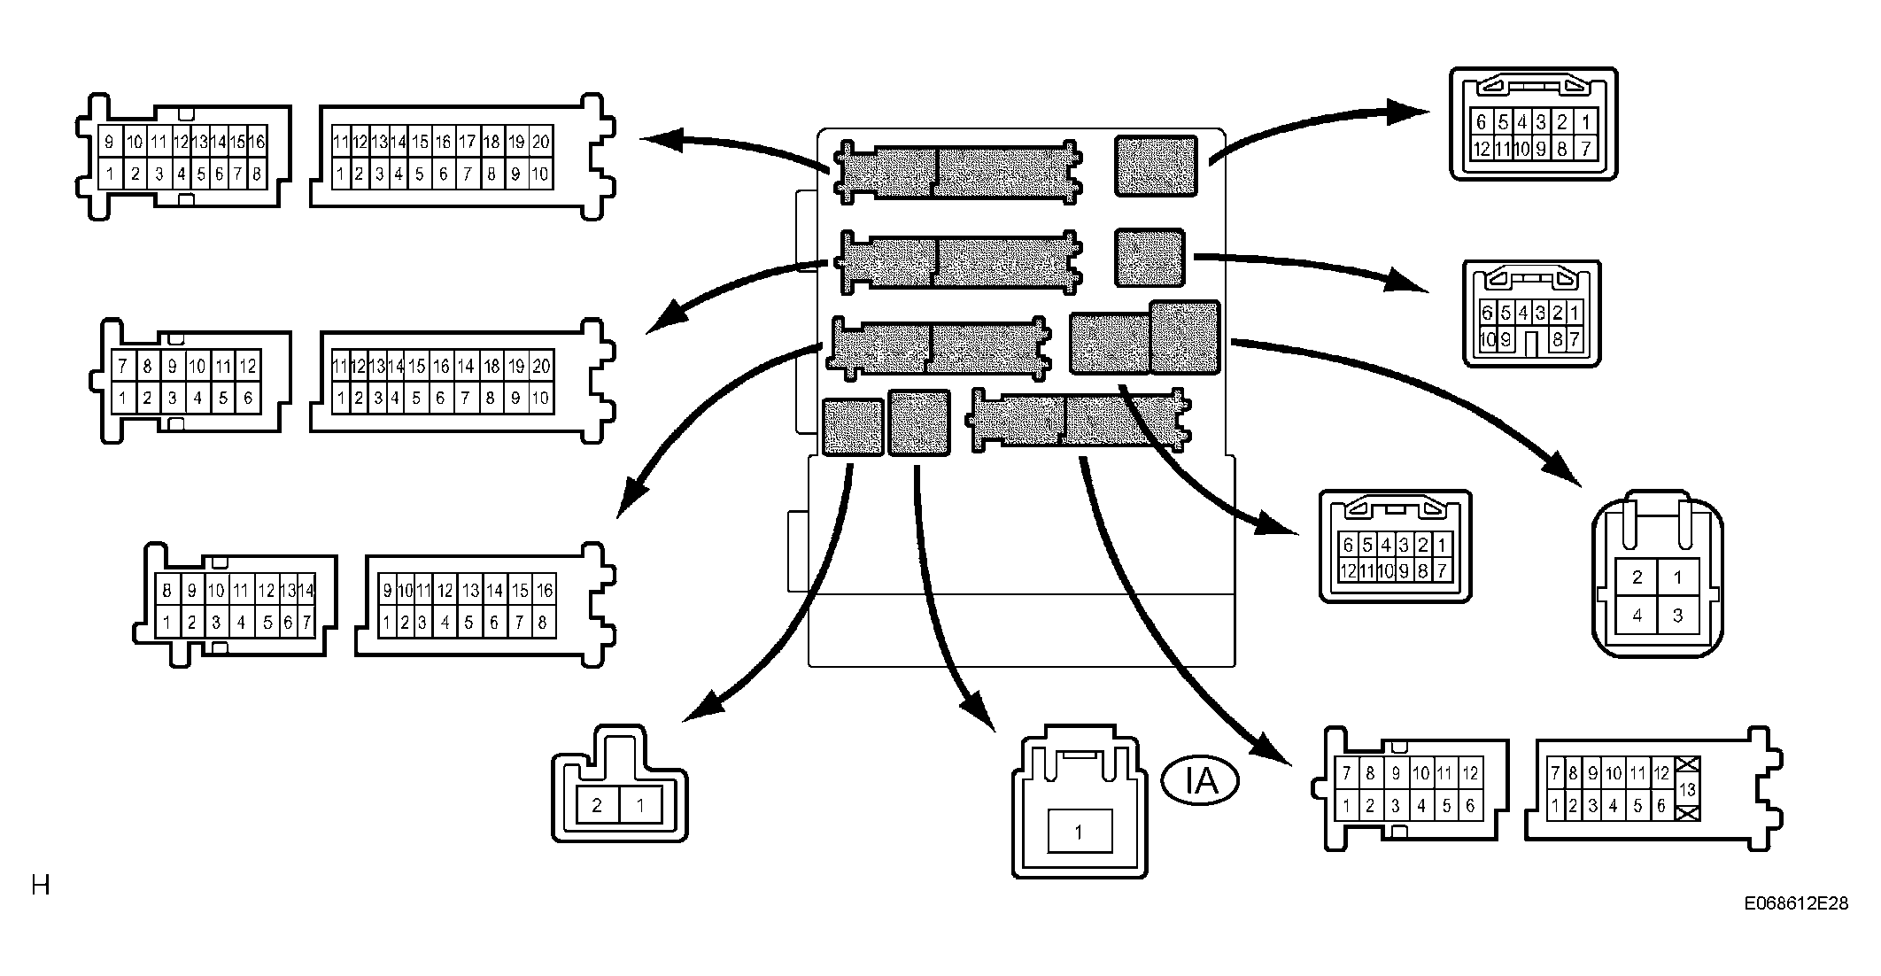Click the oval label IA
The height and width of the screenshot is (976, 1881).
pyautogui.click(x=1200, y=781)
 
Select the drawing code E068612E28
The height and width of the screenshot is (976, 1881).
pyautogui.click(x=1797, y=903)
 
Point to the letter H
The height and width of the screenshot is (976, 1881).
pyautogui.click(x=40, y=885)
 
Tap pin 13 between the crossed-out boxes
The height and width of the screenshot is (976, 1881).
pyautogui.click(x=1687, y=788)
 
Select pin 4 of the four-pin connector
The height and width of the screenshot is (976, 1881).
pyautogui.click(x=1637, y=615)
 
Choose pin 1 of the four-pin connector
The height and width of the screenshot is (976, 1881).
pyautogui.click(x=1677, y=577)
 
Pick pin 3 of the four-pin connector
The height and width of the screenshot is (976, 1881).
pyautogui.click(x=1677, y=615)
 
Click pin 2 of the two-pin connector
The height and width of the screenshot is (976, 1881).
pyautogui.click(x=597, y=805)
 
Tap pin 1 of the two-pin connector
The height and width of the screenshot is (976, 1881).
pyautogui.click(x=639, y=805)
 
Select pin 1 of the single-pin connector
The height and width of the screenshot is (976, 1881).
pyautogui.click(x=1079, y=832)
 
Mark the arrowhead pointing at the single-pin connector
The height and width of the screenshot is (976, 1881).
pyautogui.click(x=979, y=713)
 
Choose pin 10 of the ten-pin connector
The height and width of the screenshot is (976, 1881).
pyautogui.click(x=1487, y=338)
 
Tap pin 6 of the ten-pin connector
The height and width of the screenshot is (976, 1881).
pyautogui.click(x=1487, y=312)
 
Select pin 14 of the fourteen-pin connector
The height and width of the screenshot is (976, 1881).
pyautogui.click(x=306, y=591)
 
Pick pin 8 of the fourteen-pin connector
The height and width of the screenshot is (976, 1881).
pyautogui.click(x=166, y=591)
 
